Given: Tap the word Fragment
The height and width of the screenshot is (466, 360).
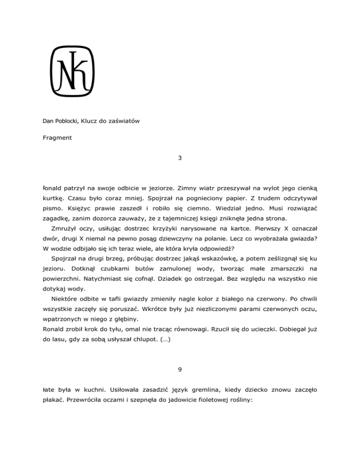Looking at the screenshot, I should [x=49, y=139].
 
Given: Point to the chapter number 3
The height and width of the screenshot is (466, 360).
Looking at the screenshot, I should [x=180, y=158].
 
